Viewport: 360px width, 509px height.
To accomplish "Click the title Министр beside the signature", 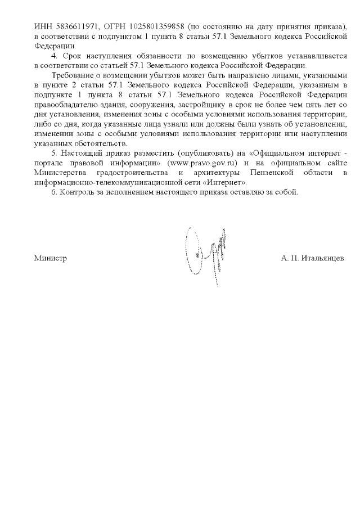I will pyautogui.click(x=50, y=258).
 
